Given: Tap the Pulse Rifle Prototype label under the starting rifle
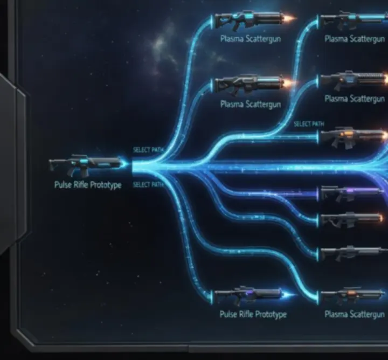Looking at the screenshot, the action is click(88, 185).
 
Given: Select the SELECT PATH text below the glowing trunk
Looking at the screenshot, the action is click(148, 184).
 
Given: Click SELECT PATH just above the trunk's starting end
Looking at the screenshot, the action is click(148, 150).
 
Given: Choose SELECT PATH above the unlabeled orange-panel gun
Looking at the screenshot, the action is click(309, 124).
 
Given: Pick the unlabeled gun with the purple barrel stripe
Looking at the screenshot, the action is click(351, 193).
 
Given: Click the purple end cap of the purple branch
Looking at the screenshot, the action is click(318, 194).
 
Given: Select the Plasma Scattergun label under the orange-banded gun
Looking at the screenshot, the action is click(355, 314).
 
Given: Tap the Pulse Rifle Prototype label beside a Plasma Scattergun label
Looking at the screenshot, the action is click(253, 315).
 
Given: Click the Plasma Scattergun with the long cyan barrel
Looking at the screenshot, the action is click(355, 19).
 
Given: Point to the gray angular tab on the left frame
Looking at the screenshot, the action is click(13, 163).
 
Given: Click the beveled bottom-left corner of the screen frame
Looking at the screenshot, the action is click(25, 338).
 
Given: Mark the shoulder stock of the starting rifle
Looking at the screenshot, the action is click(56, 164).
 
